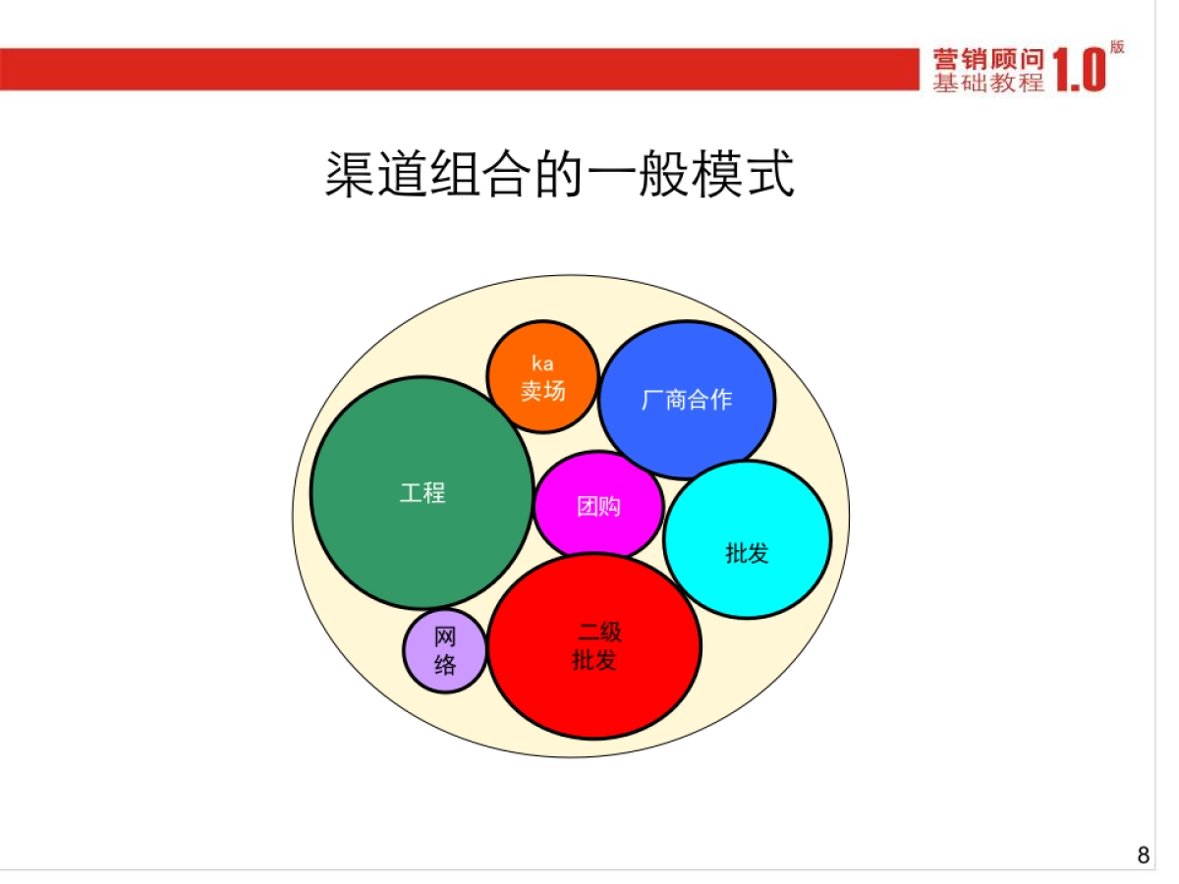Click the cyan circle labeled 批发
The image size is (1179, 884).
click(x=747, y=580)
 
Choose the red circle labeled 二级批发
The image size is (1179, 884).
click(x=594, y=688)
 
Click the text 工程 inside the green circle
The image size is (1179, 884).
click(x=422, y=493)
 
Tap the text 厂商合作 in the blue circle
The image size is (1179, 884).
click(x=687, y=400)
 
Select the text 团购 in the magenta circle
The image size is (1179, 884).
click(x=598, y=507)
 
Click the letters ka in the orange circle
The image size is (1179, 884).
click(x=542, y=364)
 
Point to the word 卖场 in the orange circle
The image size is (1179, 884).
click(x=542, y=390)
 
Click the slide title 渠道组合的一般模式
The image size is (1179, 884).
click(x=559, y=175)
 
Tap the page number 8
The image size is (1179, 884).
click(x=1143, y=856)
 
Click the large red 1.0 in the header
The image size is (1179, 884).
click(x=1079, y=71)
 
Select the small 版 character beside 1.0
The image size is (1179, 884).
click(x=1117, y=46)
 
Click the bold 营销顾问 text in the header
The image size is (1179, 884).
click(x=988, y=59)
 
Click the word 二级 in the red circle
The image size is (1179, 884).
click(x=599, y=633)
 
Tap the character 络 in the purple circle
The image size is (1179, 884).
click(x=445, y=665)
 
